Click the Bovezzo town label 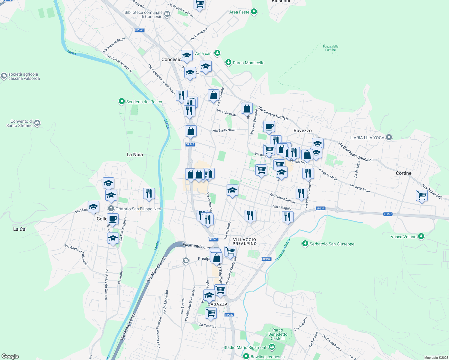pyautogui.click(x=303, y=130)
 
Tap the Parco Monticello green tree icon pyautogui.click(x=228, y=62)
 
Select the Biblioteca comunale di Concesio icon pyautogui.click(x=167, y=14)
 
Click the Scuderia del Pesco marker pyautogui.click(x=122, y=102)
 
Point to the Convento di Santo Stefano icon pyautogui.click(x=37, y=123)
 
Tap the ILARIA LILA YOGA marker pyautogui.click(x=389, y=138)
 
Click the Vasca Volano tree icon pyautogui.click(x=421, y=236)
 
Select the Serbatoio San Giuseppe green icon pyautogui.click(x=305, y=244)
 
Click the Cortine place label pyautogui.click(x=403, y=173)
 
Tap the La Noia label pyautogui.click(x=135, y=154)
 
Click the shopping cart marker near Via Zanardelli pyautogui.click(x=422, y=196)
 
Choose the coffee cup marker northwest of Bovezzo pyautogui.click(x=269, y=126)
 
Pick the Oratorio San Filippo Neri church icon pyautogui.click(x=111, y=208)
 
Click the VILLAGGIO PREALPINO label pyautogui.click(x=245, y=241)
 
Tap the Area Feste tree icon pyautogui.click(x=254, y=12)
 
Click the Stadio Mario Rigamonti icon pyautogui.click(x=272, y=347)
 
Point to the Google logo pyautogui.click(x=10, y=356)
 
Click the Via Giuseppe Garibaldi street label pyautogui.click(x=355, y=152)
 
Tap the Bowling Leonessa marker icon pyautogui.click(x=246, y=356)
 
